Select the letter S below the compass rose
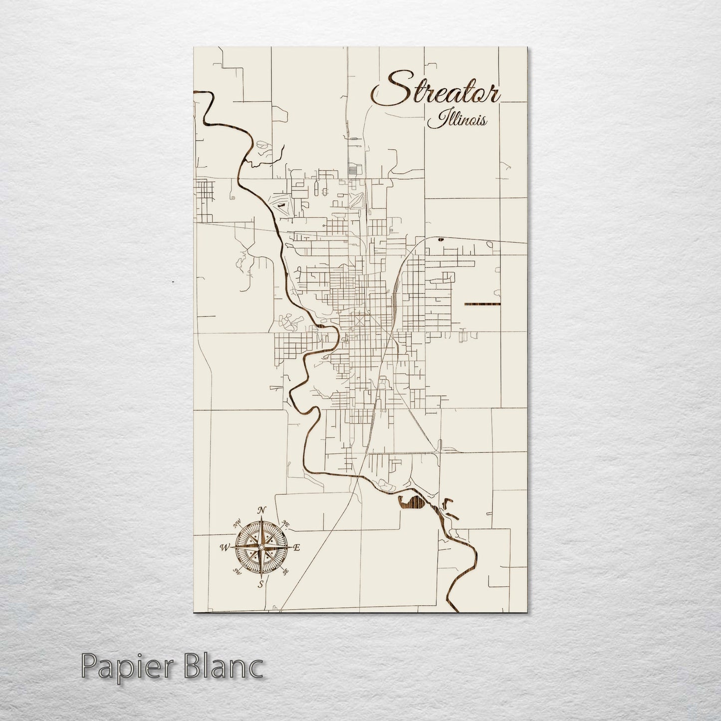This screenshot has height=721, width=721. coord(260,584)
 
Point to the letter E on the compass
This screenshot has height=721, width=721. coord(296,548)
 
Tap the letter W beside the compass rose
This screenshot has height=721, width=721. coord(223,548)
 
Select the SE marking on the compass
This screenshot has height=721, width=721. coord(286,572)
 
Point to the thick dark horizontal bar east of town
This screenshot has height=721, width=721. coord(481,304)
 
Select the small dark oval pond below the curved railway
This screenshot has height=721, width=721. coord(440,240)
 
